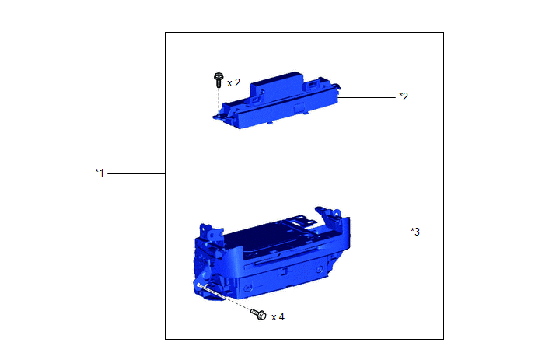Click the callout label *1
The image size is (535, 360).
coord(100,173)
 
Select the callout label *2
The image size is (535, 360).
coord(404,96)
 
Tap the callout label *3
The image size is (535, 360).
coord(415,232)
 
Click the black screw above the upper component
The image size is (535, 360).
coord(219,80)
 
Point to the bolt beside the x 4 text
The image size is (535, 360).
coord(258,314)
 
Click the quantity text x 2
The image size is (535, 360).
coord(233,83)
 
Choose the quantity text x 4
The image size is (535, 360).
coord(278,317)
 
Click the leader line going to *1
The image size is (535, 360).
coord(137,173)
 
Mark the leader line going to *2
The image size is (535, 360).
coord(366,98)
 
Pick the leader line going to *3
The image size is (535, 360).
coord(379,232)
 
